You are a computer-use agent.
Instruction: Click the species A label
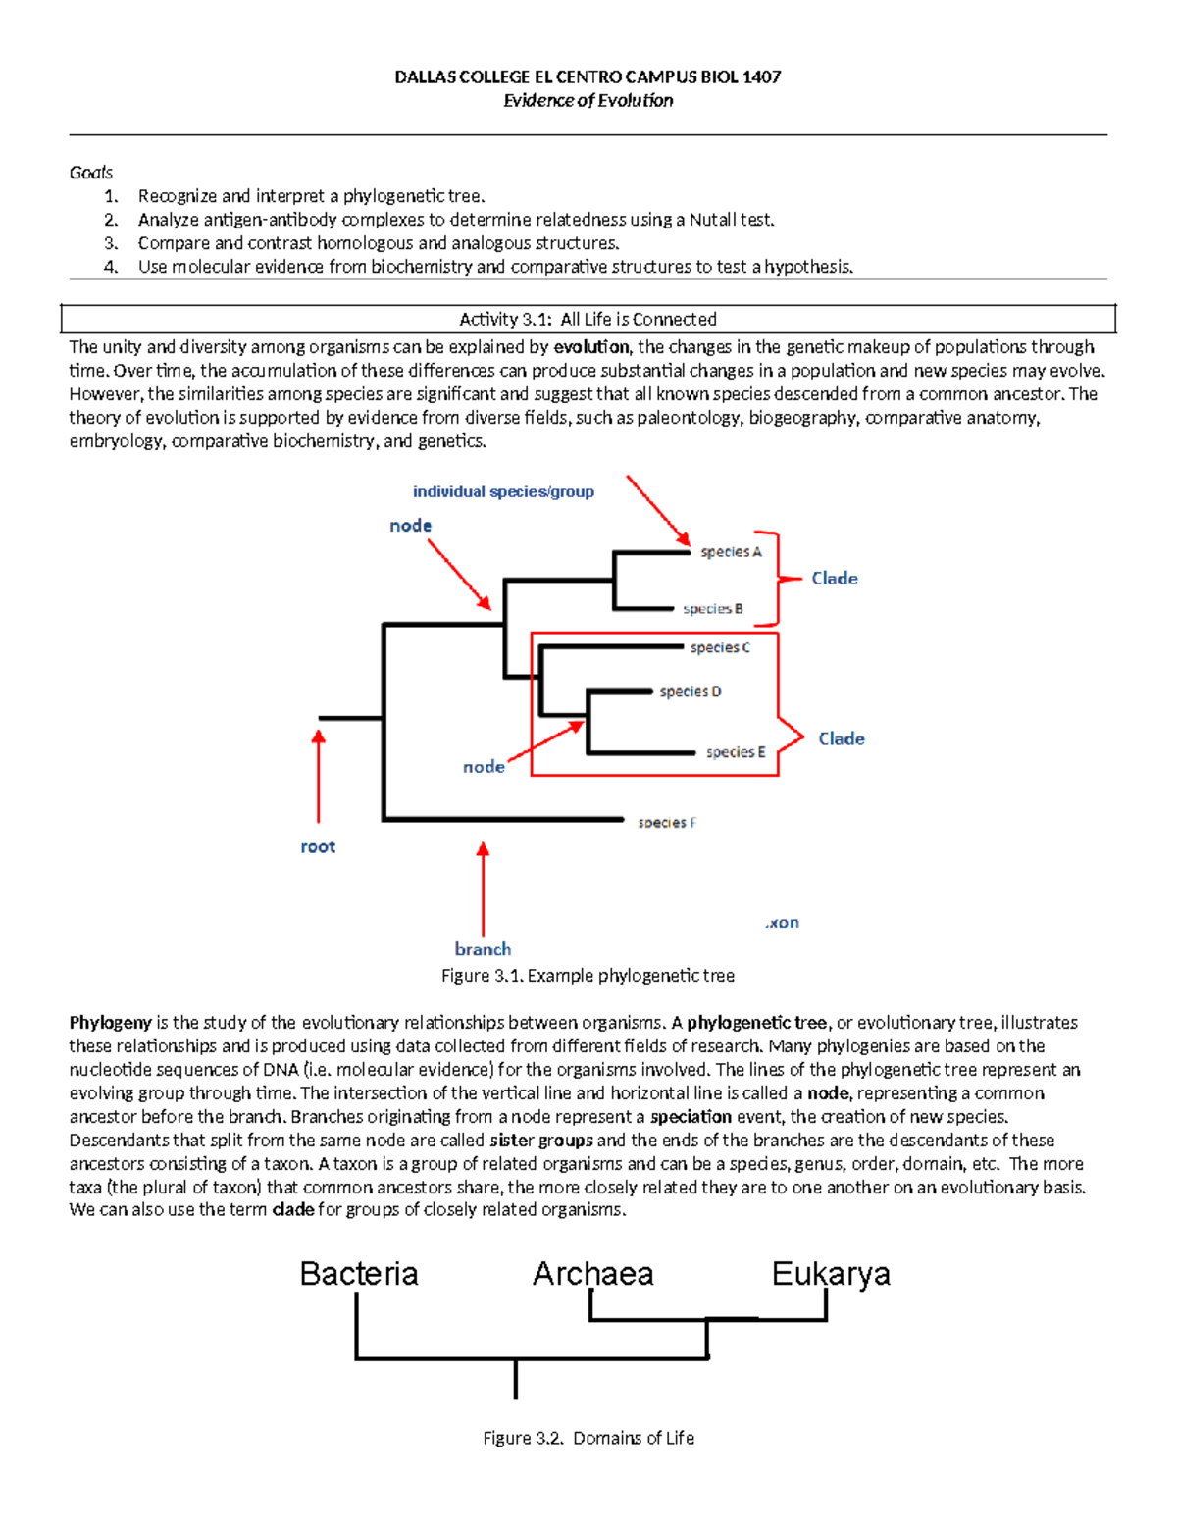(x=731, y=552)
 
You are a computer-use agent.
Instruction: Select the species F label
(x=667, y=823)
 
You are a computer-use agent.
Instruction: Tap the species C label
(x=720, y=647)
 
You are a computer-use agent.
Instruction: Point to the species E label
(x=736, y=752)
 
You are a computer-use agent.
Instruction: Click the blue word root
(x=318, y=847)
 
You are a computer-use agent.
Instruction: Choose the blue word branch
(x=483, y=949)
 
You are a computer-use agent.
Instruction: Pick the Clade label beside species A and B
(x=835, y=579)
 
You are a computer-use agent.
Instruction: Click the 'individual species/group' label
(x=503, y=492)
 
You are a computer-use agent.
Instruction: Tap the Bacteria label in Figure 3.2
(x=359, y=1274)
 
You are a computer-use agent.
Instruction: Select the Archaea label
(x=592, y=1274)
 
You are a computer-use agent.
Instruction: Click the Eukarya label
(x=831, y=1274)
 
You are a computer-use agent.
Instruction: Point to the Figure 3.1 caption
(x=588, y=976)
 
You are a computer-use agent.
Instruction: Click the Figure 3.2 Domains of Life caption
(x=588, y=1438)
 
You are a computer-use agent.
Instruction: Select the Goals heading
(x=91, y=173)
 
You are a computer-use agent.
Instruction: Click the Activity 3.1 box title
(x=588, y=320)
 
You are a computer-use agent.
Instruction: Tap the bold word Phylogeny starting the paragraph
(x=110, y=1023)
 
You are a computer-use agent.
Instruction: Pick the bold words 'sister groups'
(x=540, y=1141)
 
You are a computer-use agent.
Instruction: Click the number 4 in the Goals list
(x=111, y=267)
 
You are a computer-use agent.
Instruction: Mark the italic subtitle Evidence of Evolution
(x=588, y=100)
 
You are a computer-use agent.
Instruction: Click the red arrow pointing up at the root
(x=318, y=775)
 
